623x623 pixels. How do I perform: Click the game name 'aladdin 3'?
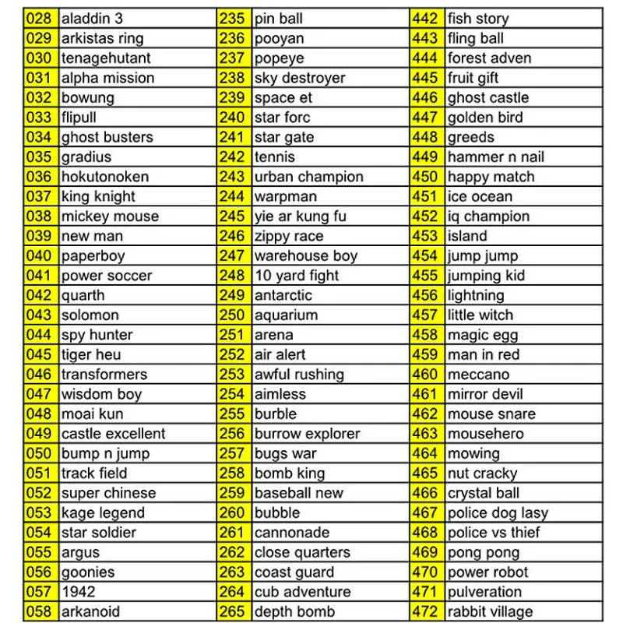(92, 18)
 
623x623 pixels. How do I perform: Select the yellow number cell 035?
(39, 157)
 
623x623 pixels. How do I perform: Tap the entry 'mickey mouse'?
(110, 216)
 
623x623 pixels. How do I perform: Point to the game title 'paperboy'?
(93, 255)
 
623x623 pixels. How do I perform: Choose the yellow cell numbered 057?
(39, 591)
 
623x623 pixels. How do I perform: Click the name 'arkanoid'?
(90, 611)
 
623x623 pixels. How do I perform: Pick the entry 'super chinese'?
(108, 493)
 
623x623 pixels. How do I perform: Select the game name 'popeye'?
(279, 58)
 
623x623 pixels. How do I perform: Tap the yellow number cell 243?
(232, 177)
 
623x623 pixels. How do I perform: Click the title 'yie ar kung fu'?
(300, 216)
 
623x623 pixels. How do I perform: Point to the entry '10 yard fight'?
(297, 275)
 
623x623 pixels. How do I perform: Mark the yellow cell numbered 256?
(232, 434)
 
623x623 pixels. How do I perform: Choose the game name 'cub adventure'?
(302, 591)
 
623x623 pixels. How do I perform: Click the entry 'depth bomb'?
(294, 611)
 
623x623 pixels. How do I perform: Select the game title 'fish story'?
(478, 18)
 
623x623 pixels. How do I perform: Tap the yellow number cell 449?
(425, 157)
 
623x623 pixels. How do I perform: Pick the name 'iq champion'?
(488, 216)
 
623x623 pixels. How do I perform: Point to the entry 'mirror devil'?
(485, 394)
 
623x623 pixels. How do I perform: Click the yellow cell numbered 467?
(425, 512)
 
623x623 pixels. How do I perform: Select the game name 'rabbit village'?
(490, 611)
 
